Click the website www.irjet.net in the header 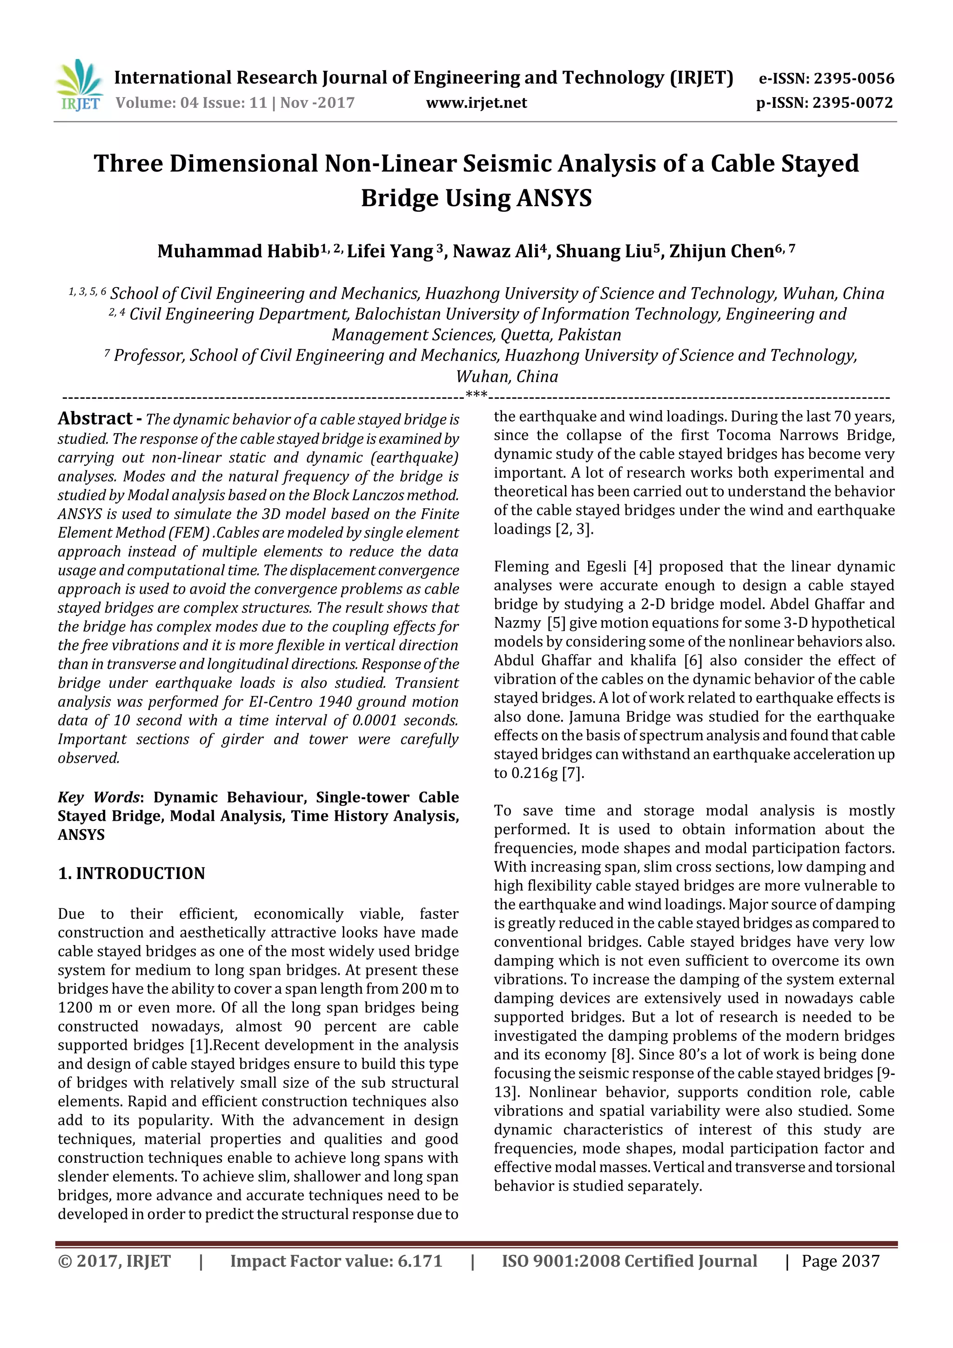(476, 103)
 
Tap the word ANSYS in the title (554, 198)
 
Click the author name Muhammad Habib (238, 251)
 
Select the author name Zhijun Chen (721, 251)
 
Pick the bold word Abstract (94, 419)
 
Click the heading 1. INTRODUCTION (132, 873)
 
